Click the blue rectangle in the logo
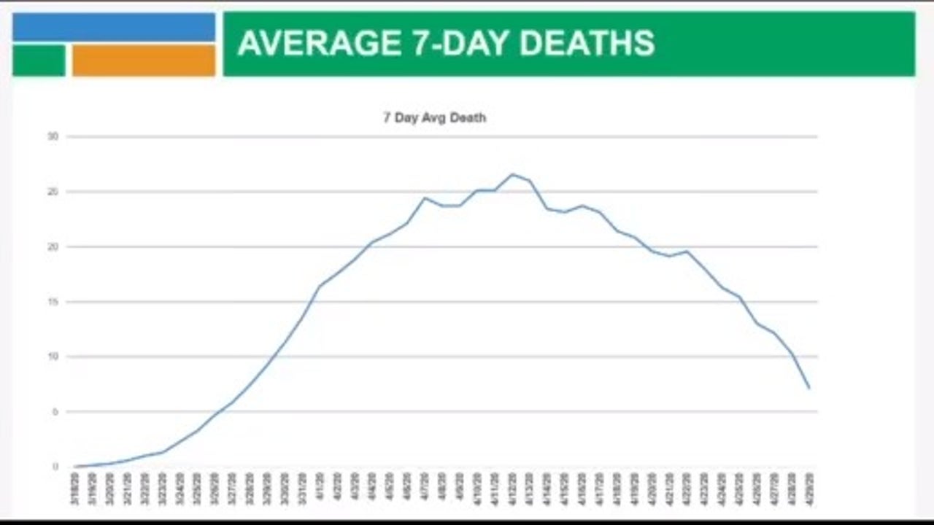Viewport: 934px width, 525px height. [114, 27]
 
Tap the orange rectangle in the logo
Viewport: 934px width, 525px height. [144, 61]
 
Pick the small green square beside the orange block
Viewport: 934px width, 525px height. [39, 61]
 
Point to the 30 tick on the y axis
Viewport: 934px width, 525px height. [53, 136]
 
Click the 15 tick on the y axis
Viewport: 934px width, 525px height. [53, 301]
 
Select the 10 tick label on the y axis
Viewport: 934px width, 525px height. [53, 357]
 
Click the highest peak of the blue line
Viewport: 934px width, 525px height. [512, 174]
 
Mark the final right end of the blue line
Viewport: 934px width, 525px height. [808, 388]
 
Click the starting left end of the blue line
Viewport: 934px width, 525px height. [75, 467]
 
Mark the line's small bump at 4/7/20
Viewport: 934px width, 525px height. [425, 198]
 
